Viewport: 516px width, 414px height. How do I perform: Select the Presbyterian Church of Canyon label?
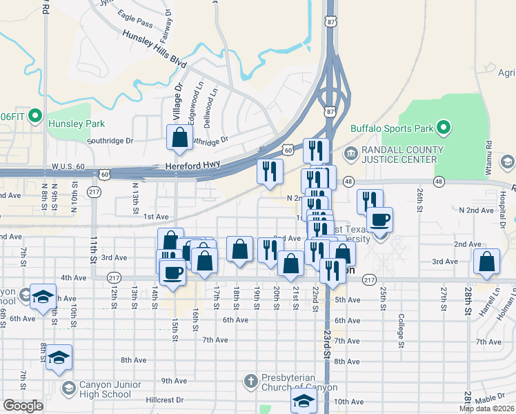[299, 383]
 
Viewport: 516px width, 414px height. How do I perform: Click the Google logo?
[23, 405]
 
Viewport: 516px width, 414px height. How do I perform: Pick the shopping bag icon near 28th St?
[487, 262]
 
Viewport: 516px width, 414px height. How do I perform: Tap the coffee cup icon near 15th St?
[172, 270]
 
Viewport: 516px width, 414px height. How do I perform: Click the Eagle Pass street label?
[135, 17]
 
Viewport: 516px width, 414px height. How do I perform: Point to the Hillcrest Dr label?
[165, 400]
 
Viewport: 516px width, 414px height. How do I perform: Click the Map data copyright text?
[486, 408]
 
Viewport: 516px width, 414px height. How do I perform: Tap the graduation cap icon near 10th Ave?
[304, 400]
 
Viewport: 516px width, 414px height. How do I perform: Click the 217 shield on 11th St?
[95, 190]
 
